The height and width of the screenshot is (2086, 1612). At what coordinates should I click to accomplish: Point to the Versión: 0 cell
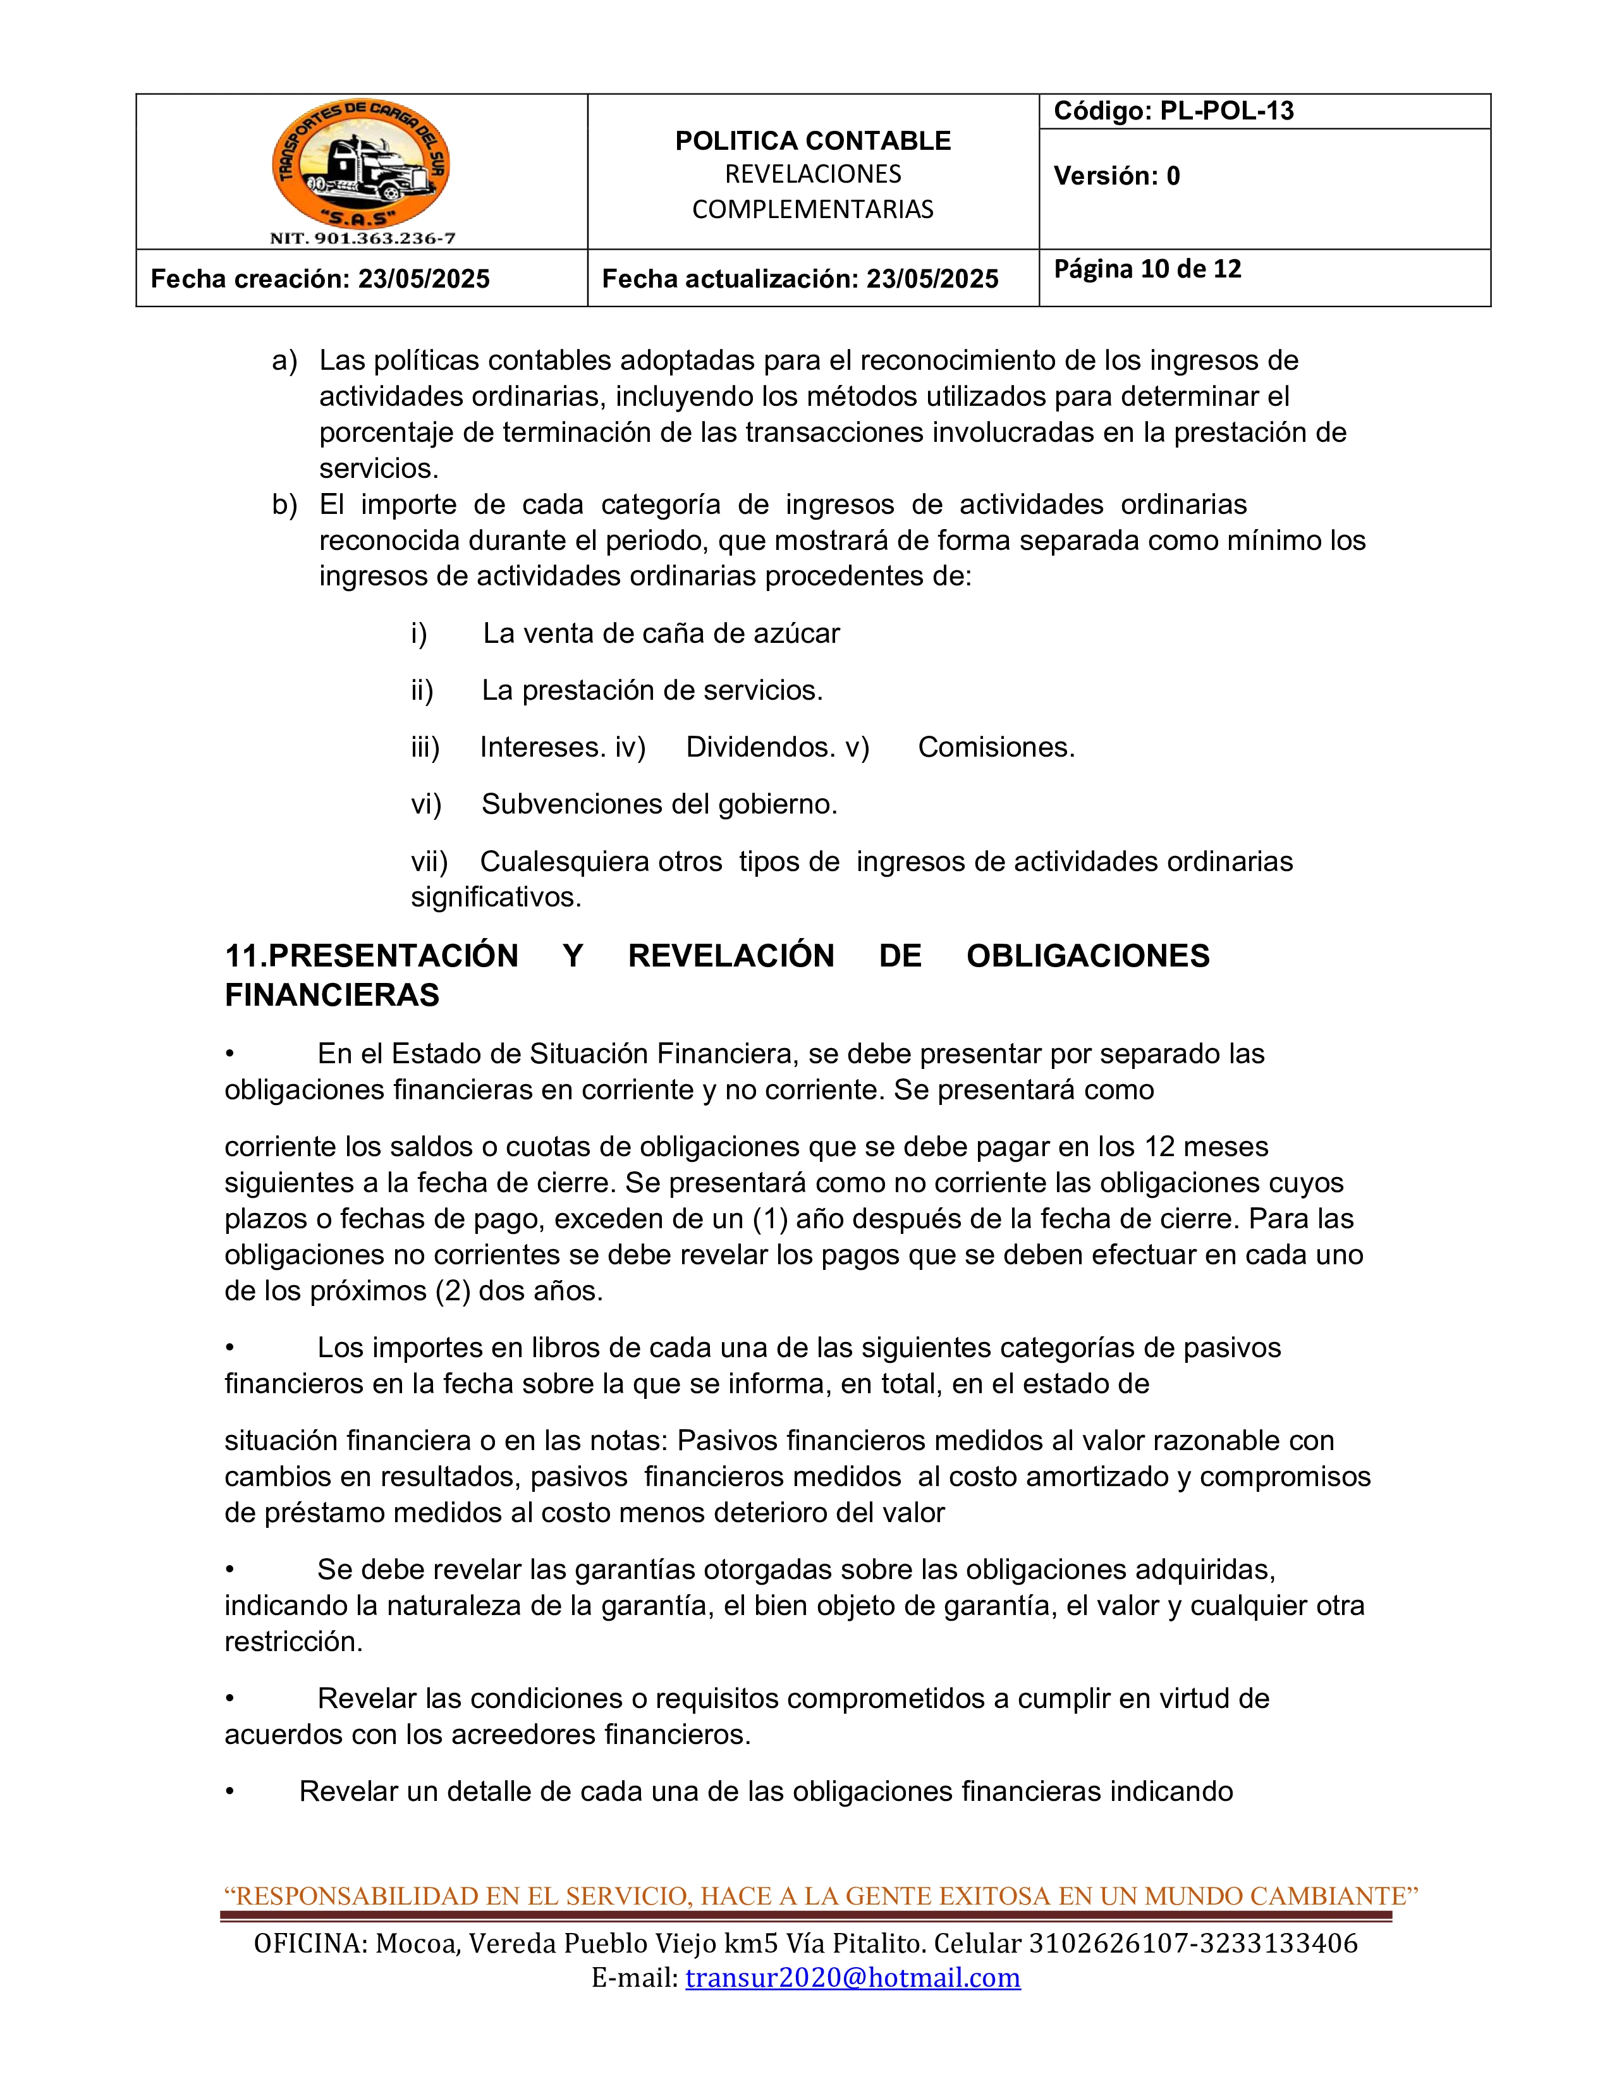[1116, 176]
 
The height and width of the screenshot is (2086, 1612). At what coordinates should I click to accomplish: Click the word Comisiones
[996, 747]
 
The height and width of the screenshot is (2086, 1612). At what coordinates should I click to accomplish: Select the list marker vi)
[426, 804]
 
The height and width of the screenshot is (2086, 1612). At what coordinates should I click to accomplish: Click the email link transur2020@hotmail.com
[852, 1977]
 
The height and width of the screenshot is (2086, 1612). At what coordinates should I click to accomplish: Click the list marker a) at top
[284, 361]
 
